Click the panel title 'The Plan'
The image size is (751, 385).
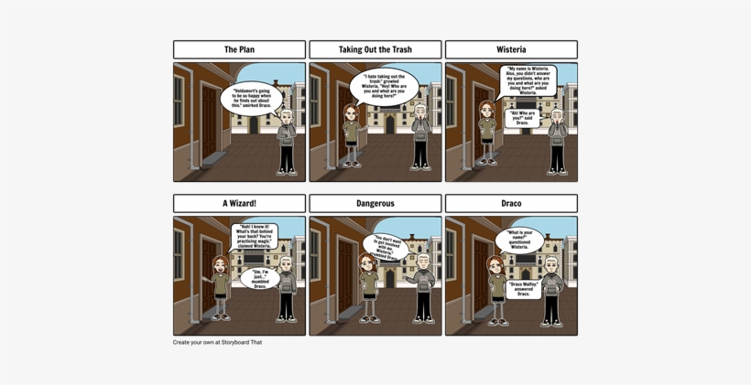coord(239,49)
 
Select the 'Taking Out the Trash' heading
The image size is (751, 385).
coord(375,49)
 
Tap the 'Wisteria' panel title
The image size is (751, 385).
coord(511,49)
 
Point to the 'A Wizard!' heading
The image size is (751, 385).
coord(239,203)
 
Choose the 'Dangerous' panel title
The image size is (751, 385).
coord(375,203)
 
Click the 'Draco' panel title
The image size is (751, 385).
coord(511,203)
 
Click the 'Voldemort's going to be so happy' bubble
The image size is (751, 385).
coord(252,98)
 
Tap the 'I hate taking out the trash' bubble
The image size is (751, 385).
coord(385,87)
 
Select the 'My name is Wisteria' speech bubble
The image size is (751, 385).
coord(528,80)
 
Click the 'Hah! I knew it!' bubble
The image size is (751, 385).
coord(255,236)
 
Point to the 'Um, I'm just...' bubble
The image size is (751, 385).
coord(260,276)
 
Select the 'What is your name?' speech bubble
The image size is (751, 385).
coord(519,240)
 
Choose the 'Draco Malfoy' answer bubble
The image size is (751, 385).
coord(523,288)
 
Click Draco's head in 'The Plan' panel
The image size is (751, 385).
coord(287,115)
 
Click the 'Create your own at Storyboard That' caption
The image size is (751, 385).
coord(217,342)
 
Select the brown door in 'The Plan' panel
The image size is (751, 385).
coord(210,119)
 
